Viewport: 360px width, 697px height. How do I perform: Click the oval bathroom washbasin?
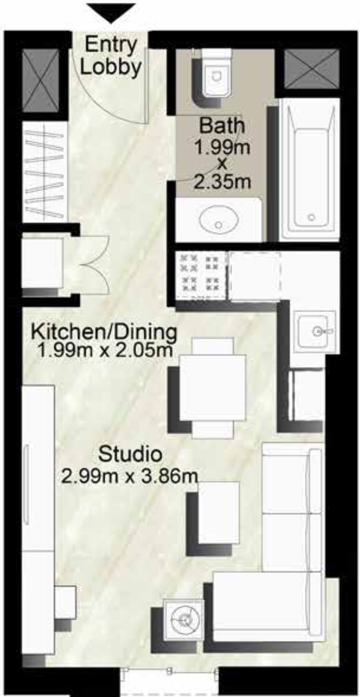(218, 221)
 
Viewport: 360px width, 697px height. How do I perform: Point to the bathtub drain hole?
(312, 217)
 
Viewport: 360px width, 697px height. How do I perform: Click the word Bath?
(222, 126)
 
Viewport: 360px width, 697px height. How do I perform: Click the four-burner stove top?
(201, 275)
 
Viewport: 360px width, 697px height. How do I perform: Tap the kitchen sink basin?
(314, 331)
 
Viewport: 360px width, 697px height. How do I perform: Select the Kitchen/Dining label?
(104, 332)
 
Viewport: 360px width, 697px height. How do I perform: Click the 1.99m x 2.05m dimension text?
(105, 351)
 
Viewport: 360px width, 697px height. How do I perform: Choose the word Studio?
(129, 454)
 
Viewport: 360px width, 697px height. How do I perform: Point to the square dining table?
(212, 388)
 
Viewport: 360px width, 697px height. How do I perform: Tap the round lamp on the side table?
(184, 619)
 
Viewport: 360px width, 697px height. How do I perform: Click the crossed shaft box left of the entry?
(40, 80)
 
